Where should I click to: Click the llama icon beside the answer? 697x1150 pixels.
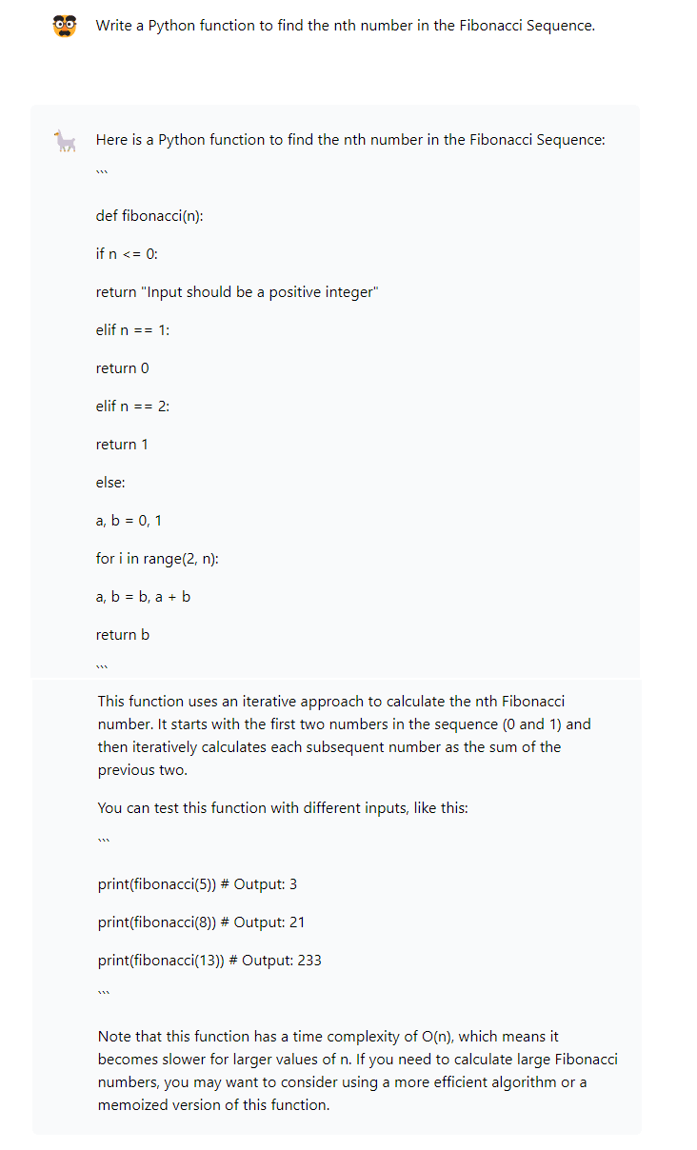tap(65, 142)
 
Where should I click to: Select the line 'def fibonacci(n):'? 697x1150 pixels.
tap(149, 216)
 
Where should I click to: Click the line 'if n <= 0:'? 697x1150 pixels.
tap(127, 254)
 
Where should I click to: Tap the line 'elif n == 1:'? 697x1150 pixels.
tap(132, 330)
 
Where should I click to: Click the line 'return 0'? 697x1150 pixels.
tap(122, 368)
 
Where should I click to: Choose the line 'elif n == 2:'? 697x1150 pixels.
tap(132, 406)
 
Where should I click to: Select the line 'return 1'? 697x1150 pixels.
tap(122, 445)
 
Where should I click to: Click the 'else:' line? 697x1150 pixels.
tap(110, 483)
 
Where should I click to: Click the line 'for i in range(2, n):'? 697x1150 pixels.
tap(157, 559)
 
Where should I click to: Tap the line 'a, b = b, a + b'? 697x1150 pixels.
tap(143, 597)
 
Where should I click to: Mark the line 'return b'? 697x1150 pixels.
tap(122, 635)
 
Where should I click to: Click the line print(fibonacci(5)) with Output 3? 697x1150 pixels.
tap(197, 884)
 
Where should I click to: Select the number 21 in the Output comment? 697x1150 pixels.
tap(296, 922)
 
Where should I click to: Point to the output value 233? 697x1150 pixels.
tap(309, 961)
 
